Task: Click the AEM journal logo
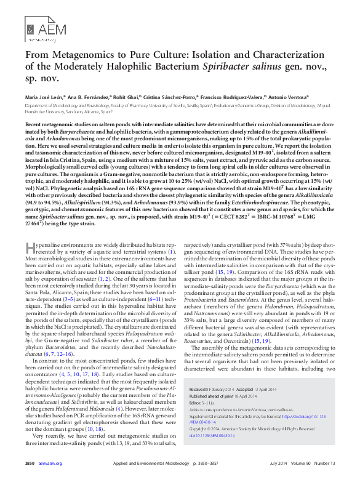tap(39, 29)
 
